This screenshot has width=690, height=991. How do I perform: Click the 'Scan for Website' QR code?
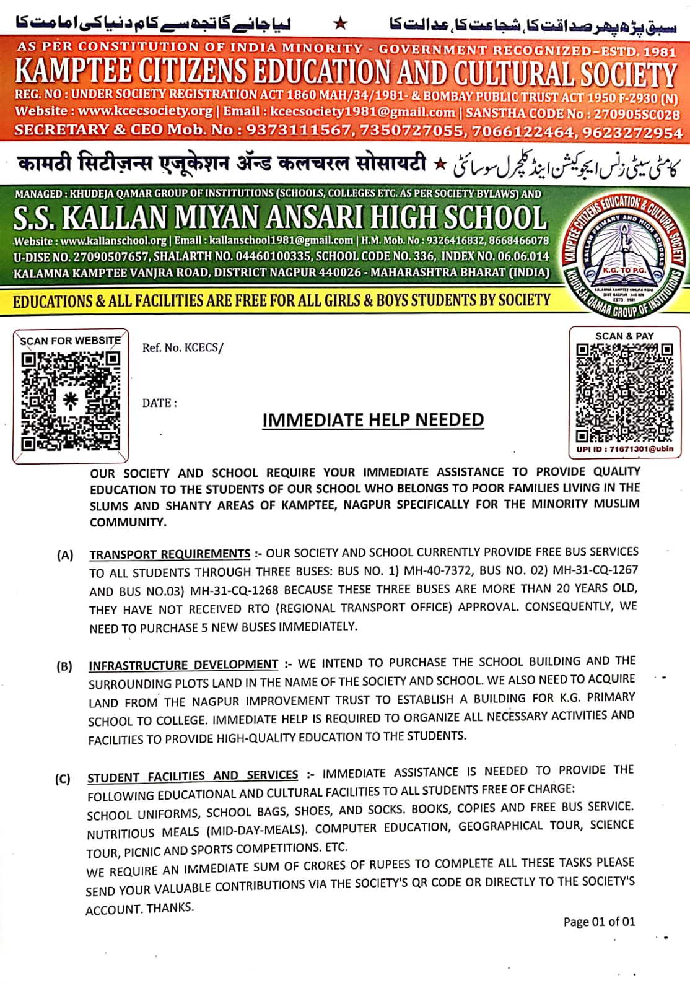coord(70,401)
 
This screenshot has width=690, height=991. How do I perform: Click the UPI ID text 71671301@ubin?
coord(625,449)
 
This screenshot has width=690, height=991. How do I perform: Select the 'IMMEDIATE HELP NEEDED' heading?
coord(373,420)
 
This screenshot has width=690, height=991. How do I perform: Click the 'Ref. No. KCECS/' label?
coord(182,347)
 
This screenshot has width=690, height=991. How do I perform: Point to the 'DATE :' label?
coord(159,403)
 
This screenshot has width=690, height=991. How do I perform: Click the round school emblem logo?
coord(624,256)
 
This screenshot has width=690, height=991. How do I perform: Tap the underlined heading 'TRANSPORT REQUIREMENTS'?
coord(170,554)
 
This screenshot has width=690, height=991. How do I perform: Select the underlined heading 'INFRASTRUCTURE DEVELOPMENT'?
coord(183,665)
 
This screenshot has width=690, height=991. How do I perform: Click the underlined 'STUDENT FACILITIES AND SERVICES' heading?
coord(193,776)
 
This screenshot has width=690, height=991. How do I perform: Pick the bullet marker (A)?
coord(65,555)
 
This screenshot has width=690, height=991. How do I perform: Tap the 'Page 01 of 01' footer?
coord(599,922)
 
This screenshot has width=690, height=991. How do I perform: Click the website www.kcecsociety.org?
coord(146,111)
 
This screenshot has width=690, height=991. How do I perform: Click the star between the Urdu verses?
coord(340,24)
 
